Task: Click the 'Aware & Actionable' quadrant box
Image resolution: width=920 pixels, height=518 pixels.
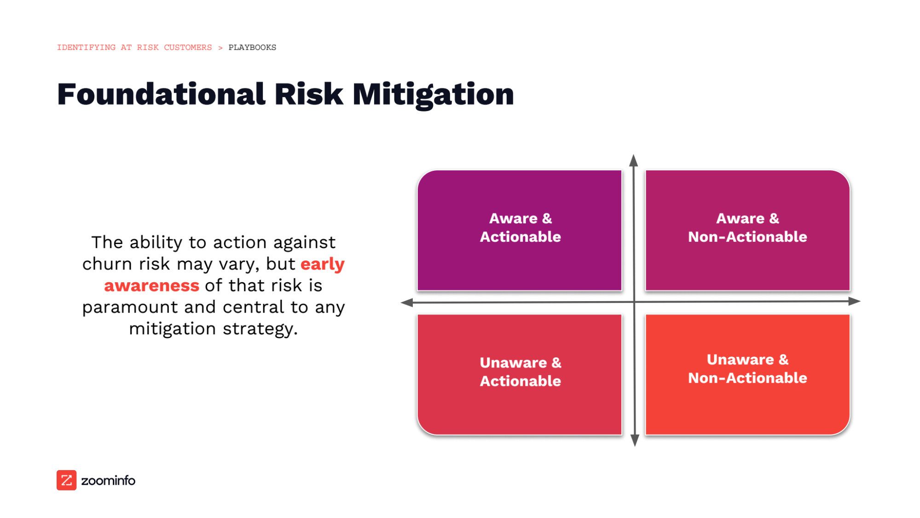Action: click(520, 230)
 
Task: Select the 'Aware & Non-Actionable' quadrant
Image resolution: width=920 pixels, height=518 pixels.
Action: click(747, 230)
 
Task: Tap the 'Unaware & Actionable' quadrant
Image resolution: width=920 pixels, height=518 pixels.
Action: click(520, 374)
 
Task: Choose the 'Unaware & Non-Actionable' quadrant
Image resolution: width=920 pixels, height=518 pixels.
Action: click(747, 374)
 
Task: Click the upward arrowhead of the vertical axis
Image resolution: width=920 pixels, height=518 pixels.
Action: click(634, 161)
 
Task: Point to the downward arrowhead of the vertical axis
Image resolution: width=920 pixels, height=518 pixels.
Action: click(635, 440)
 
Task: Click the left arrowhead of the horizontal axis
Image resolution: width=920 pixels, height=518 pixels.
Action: click(407, 303)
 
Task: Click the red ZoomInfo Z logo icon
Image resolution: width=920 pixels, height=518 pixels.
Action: click(66, 480)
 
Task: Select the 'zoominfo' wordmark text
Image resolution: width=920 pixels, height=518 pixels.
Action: click(108, 481)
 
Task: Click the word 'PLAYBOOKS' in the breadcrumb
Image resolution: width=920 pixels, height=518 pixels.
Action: click(252, 47)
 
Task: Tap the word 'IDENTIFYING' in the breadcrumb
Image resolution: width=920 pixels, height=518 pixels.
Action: click(86, 47)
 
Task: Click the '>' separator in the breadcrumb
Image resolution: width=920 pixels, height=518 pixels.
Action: click(220, 48)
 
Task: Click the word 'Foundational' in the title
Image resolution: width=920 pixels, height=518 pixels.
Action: click(161, 94)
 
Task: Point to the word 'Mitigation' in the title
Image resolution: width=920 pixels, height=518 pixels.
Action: click(433, 94)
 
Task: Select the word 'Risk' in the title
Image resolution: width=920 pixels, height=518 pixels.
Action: click(309, 94)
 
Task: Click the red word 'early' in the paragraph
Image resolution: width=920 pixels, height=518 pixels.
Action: click(322, 264)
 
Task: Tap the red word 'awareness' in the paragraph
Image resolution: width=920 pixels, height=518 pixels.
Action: click(151, 286)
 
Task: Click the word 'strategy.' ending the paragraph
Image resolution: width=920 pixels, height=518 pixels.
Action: click(260, 329)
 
